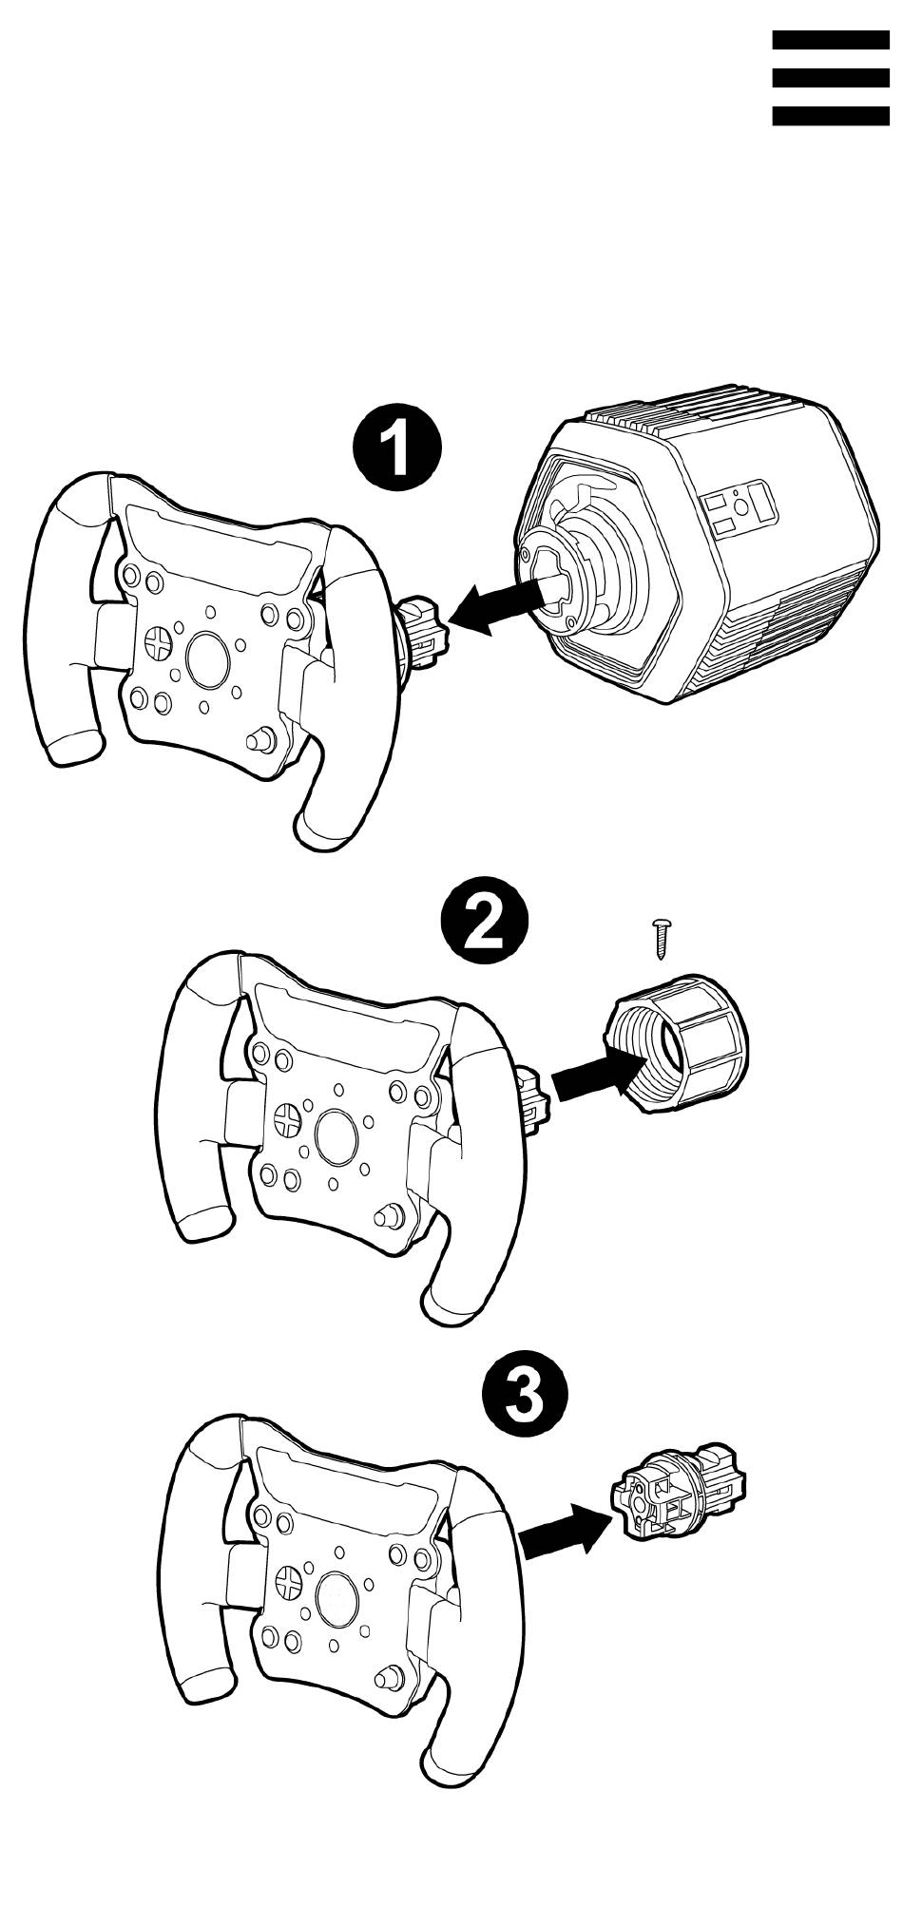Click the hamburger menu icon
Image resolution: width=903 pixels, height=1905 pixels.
[x=830, y=78]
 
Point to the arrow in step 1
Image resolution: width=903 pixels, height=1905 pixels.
[x=494, y=608]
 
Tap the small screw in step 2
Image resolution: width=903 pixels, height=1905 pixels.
[x=661, y=938]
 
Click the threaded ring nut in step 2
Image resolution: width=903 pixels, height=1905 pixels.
[x=674, y=1048]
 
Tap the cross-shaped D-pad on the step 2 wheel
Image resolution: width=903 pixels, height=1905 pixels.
[x=286, y=1118]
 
